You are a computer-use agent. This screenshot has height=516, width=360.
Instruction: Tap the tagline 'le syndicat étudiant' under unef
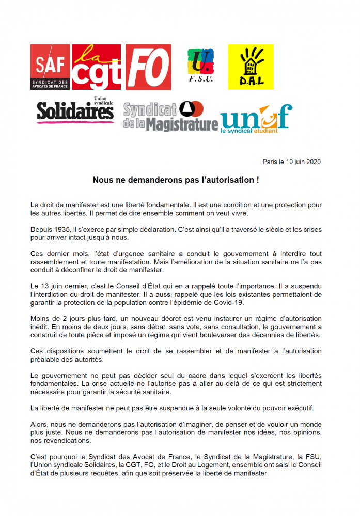click(x=249, y=131)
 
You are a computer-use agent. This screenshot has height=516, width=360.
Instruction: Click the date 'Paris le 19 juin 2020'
click(x=292, y=162)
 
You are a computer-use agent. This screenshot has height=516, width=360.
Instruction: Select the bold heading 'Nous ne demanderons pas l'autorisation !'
click(x=176, y=180)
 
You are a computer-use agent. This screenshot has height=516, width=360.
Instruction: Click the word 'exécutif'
click(x=300, y=408)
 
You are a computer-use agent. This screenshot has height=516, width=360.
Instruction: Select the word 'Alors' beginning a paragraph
click(x=40, y=424)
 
